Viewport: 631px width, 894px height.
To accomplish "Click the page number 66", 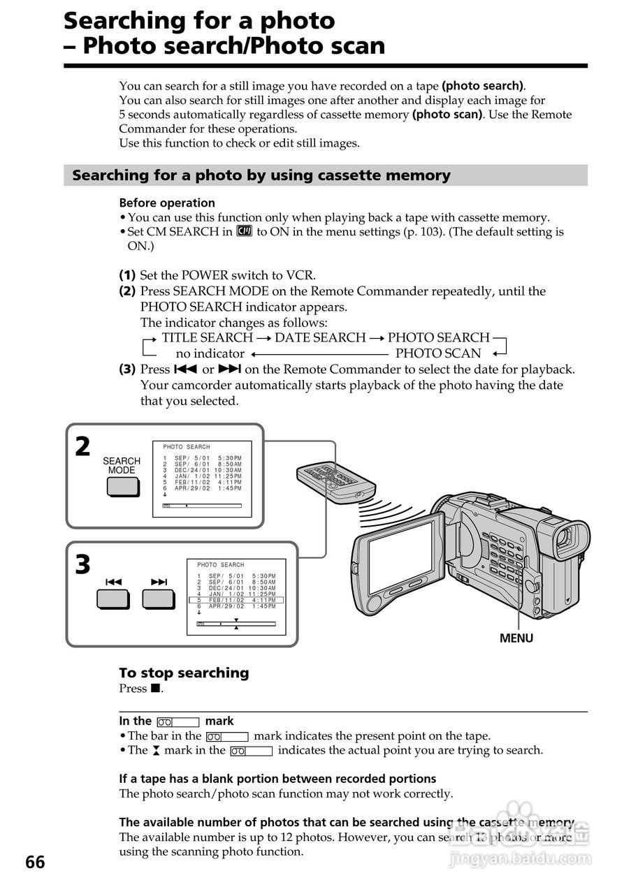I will (x=35, y=863).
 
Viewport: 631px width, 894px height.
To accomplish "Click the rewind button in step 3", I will (x=113, y=599).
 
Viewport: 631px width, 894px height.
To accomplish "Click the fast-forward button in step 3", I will (x=159, y=599).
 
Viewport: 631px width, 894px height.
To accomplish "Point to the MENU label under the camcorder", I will (x=516, y=638).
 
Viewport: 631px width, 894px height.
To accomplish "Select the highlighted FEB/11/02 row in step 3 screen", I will (x=236, y=600).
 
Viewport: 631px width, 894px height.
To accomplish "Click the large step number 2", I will (x=83, y=446).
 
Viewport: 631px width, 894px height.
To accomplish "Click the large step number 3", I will (x=83, y=564).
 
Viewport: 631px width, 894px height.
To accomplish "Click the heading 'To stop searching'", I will (x=184, y=673).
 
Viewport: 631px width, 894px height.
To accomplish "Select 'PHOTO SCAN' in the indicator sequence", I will (x=438, y=353).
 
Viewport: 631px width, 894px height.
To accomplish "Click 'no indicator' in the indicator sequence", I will (x=210, y=353).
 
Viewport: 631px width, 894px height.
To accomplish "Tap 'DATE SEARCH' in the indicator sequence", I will (x=320, y=337).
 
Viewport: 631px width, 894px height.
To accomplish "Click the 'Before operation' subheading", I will (x=167, y=203).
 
